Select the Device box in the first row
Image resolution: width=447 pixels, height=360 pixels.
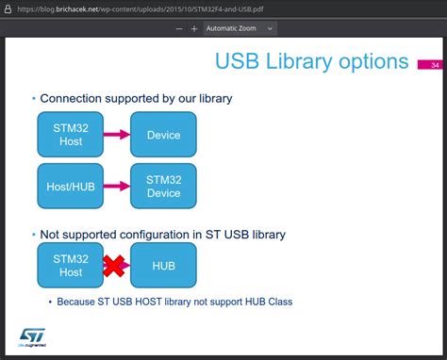pyautogui.click(x=163, y=135)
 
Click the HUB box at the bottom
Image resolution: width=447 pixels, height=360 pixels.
pyautogui.click(x=163, y=266)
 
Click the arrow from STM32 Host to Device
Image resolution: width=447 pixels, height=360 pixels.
pyautogui.click(x=116, y=135)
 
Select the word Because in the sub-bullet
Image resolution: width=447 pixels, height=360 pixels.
pyautogui.click(x=84, y=303)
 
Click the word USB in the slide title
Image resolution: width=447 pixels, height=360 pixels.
pyautogui.click(x=236, y=62)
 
